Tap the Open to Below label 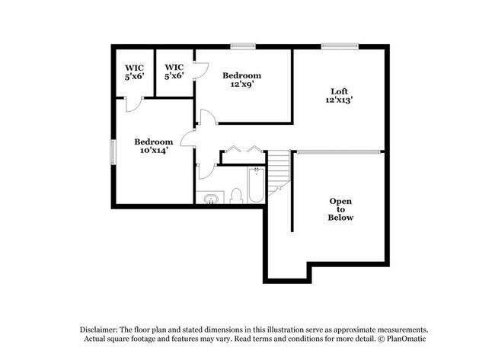[x=340, y=209]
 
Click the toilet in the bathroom [x=235, y=196]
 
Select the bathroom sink [x=210, y=199]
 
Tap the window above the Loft [x=338, y=46]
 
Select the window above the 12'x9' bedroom [x=244, y=46]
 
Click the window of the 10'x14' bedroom [x=113, y=151]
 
